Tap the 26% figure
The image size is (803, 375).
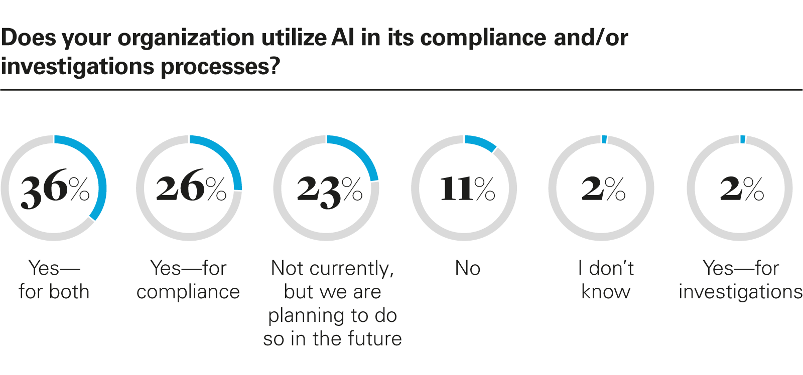click(x=190, y=189)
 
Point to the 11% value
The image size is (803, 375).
click(x=467, y=189)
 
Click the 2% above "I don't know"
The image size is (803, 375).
click(x=603, y=189)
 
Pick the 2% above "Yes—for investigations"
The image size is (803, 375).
click(x=741, y=189)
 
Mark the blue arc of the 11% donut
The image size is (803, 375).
click(x=481, y=142)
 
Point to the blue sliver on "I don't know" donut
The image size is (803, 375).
click(x=604, y=139)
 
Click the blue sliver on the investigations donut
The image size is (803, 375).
click(x=743, y=139)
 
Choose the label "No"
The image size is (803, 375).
click(x=467, y=268)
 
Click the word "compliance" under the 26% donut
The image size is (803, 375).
click(x=188, y=292)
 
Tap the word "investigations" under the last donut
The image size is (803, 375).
click(x=740, y=292)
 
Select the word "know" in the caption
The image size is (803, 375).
click(x=606, y=292)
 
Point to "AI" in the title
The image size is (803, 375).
click(x=343, y=38)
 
